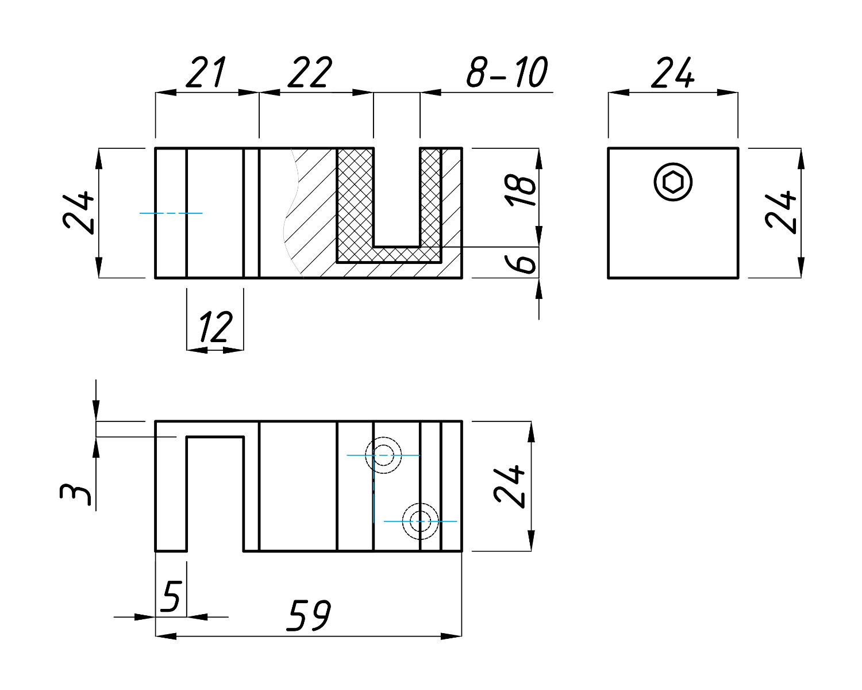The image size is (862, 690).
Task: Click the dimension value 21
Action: [x=206, y=72]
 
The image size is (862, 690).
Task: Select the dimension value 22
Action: [x=310, y=72]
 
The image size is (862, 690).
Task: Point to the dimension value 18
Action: [x=521, y=191]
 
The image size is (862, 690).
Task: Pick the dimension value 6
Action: [x=521, y=263]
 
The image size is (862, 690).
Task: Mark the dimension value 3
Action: [x=75, y=495]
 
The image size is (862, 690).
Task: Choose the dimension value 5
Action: [x=172, y=596]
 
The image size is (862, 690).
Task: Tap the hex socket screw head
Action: [x=673, y=182]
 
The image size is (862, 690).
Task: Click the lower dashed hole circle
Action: [x=420, y=521]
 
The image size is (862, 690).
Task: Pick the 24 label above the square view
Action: [x=673, y=72]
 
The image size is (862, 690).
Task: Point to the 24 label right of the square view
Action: [x=781, y=212]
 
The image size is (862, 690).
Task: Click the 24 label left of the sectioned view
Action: [x=79, y=212]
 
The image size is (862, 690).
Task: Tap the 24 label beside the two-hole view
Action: [x=510, y=486]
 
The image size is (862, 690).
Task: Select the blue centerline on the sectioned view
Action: [x=171, y=213]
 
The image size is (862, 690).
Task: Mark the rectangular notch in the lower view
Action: [x=215, y=494]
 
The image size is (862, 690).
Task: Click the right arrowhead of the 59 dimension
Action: [x=451, y=636]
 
